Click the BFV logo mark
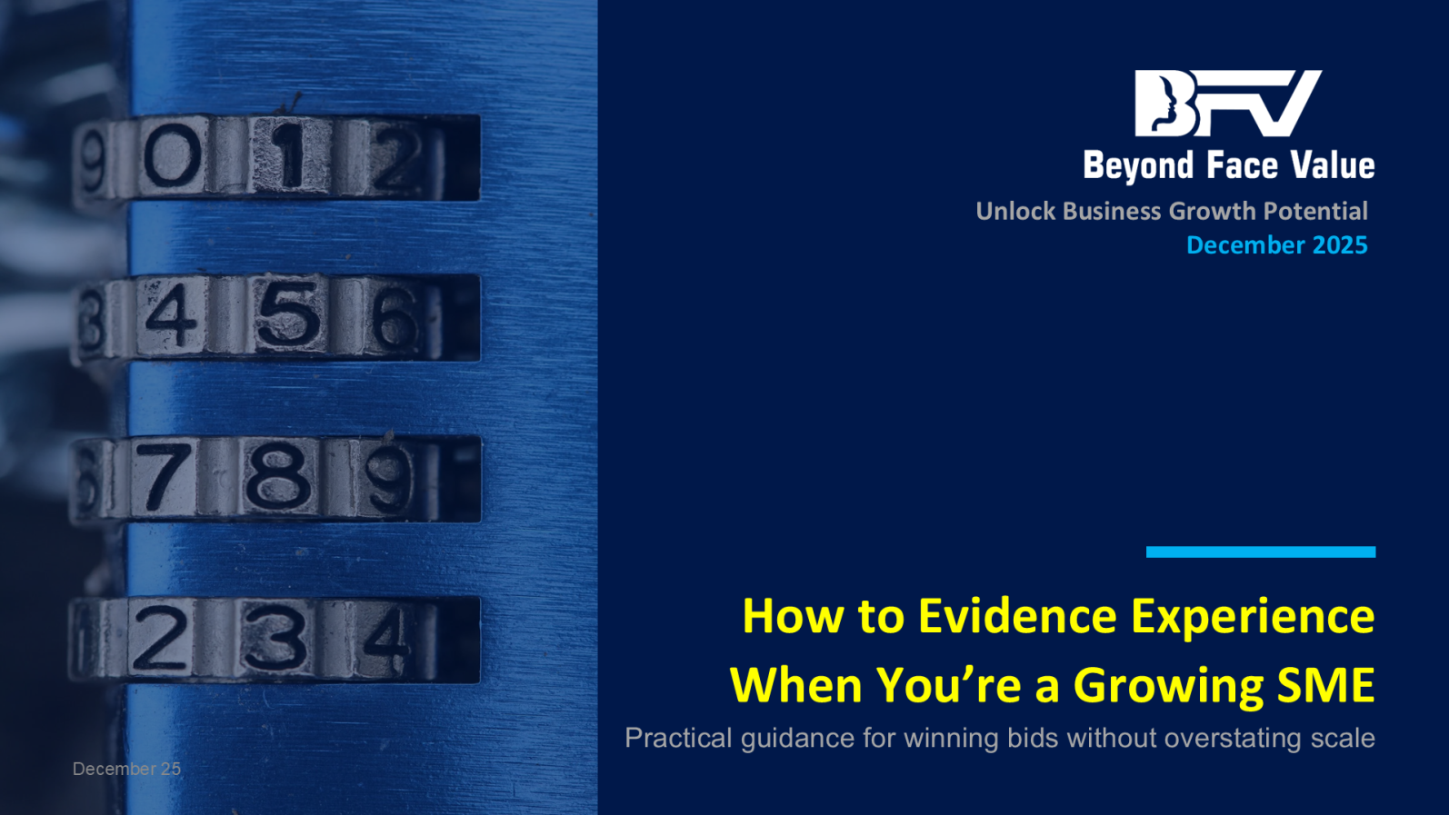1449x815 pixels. pyautogui.click(x=1228, y=104)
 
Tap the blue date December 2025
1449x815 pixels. pyautogui.click(x=1277, y=245)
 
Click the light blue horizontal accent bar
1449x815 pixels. pyautogui.click(x=1261, y=552)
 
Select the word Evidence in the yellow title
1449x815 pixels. pyautogui.click(x=1017, y=616)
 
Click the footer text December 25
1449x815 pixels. pyautogui.click(x=126, y=769)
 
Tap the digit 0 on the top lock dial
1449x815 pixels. pyautogui.click(x=172, y=155)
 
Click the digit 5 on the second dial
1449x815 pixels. pyautogui.click(x=288, y=317)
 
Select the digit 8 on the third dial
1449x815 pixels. pyautogui.click(x=278, y=478)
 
